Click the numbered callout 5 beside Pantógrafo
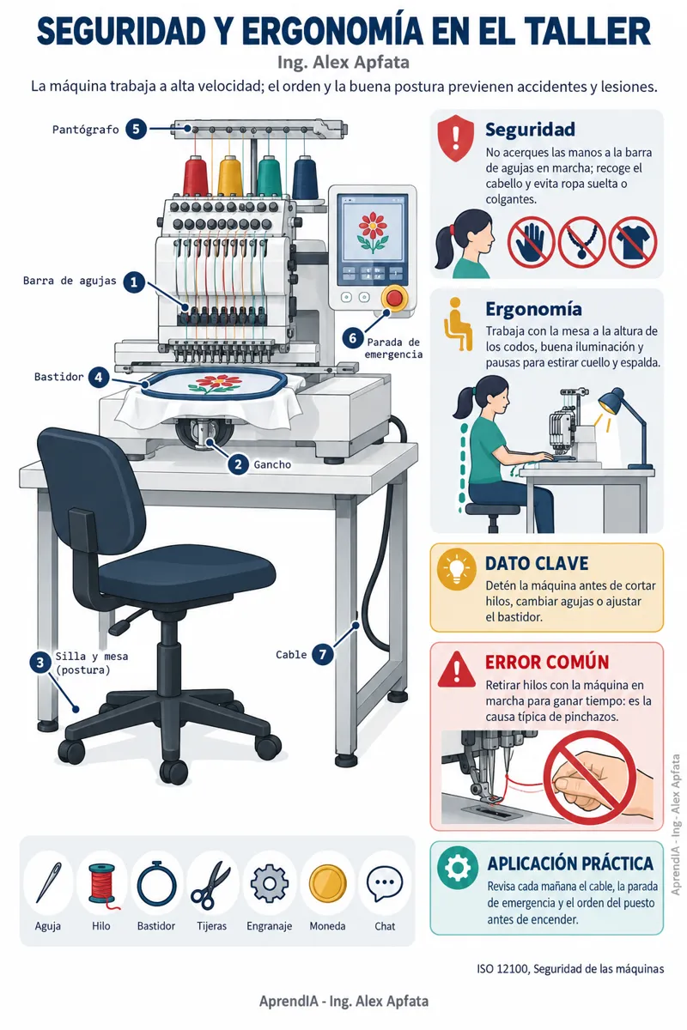[137, 130]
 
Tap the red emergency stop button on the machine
[394, 298]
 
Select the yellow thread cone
[230, 176]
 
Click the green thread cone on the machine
[270, 176]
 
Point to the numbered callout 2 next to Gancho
[238, 464]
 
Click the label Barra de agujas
[70, 281]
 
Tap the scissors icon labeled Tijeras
[211, 884]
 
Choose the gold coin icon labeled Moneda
[327, 883]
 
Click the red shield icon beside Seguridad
[455, 138]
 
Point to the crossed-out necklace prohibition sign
[581, 242]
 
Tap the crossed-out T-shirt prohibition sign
[633, 242]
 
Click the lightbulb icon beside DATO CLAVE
[457, 569]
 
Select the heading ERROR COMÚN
[547, 662]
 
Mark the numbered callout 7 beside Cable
[323, 654]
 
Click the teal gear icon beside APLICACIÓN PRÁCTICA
[458, 868]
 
